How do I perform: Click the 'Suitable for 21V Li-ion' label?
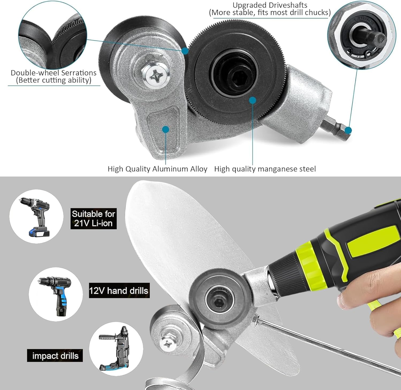tap(93, 218)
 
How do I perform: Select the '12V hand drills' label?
tap(119, 290)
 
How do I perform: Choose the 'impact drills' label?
tap(55, 355)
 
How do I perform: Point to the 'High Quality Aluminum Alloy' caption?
tap(157, 169)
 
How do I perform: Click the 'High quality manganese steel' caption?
tap(265, 169)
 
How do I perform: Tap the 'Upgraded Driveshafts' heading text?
tap(270, 5)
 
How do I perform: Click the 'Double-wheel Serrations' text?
tap(53, 73)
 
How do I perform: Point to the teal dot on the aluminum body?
tap(166, 130)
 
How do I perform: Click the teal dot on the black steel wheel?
tap(253, 100)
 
